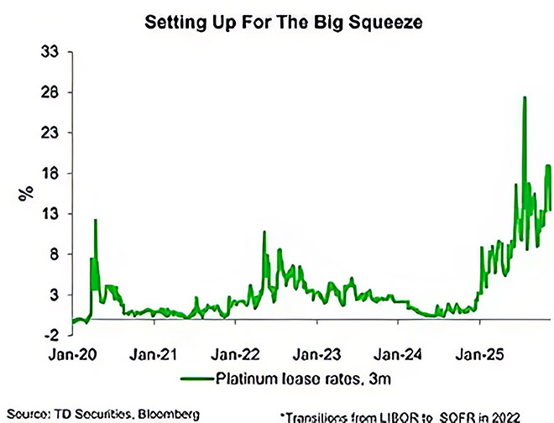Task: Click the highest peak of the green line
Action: (525, 97)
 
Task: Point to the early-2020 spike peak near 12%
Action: (96, 220)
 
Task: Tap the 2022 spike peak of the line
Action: (264, 232)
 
